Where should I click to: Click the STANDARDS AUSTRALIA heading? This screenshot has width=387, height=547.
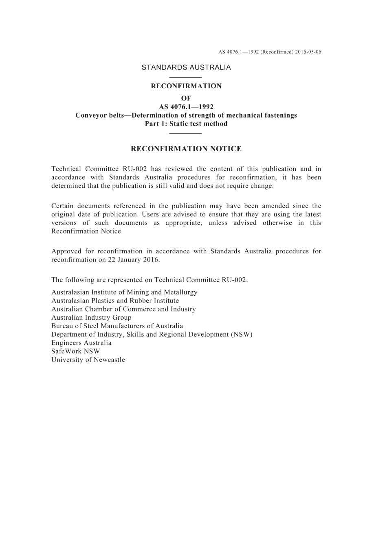(x=186, y=68)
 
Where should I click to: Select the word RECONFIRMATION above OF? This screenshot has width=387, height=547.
(x=186, y=86)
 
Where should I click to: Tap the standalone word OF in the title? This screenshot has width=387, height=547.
(x=186, y=98)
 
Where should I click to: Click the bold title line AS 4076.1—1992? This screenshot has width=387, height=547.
(x=186, y=107)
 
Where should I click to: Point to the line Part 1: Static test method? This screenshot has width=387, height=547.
(x=186, y=124)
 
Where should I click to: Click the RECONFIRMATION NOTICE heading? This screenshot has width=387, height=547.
(x=186, y=149)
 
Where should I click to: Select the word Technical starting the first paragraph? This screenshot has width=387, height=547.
(x=65, y=169)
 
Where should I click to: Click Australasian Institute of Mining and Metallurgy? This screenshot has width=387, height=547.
(x=124, y=292)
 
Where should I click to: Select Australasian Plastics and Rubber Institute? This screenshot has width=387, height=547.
(x=115, y=301)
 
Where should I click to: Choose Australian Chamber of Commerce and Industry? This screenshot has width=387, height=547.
(x=123, y=309)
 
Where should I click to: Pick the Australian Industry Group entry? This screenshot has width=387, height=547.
(x=91, y=318)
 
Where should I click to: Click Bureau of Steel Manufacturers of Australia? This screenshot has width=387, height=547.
(x=117, y=326)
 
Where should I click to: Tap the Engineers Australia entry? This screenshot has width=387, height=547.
(x=81, y=343)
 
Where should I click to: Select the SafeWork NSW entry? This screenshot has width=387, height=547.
(x=75, y=351)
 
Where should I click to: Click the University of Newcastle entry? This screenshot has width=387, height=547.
(x=88, y=360)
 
